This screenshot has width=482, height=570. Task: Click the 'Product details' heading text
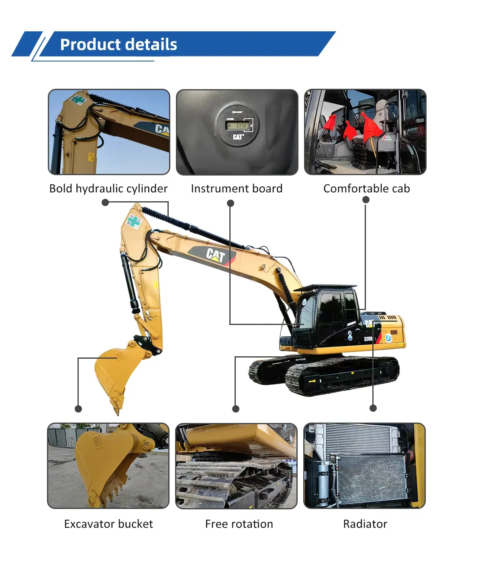click(118, 45)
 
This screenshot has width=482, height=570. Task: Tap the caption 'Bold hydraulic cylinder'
click(108, 189)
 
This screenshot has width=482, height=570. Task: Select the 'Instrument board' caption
click(237, 189)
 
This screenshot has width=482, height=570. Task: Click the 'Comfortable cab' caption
click(366, 189)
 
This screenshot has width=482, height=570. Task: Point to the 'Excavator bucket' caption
click(108, 524)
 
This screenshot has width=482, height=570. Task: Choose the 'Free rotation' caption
click(239, 524)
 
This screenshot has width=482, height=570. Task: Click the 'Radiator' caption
click(365, 524)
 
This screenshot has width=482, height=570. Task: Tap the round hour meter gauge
click(237, 126)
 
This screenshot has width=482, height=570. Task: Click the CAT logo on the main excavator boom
click(215, 255)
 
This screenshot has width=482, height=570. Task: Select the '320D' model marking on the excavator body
click(368, 339)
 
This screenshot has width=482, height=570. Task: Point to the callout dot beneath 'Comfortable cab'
click(366, 200)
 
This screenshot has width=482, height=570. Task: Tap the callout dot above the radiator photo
click(373, 408)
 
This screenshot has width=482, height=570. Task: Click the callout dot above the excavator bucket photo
click(78, 409)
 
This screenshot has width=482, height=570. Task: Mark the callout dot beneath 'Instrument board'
click(231, 204)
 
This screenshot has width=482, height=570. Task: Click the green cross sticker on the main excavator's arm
click(134, 221)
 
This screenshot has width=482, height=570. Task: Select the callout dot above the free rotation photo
click(236, 409)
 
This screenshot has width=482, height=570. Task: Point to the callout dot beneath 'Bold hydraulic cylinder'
click(105, 203)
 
